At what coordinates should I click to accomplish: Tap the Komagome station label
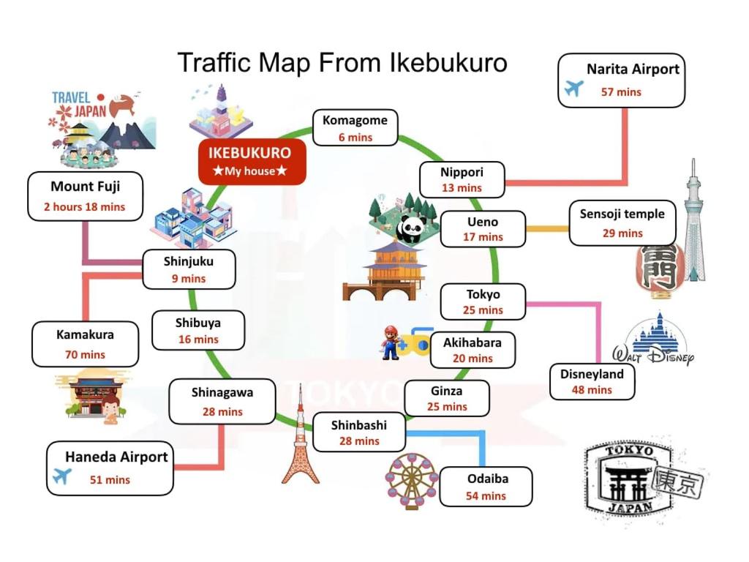(355, 128)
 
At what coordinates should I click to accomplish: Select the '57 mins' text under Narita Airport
(621, 92)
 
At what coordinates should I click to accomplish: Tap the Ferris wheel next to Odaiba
(412, 481)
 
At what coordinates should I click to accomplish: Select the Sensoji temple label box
(622, 223)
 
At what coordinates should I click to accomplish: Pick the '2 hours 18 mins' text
(84, 207)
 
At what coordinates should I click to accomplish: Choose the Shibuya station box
(197, 330)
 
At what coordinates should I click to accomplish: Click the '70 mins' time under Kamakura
(85, 355)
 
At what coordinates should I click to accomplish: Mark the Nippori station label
(462, 180)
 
